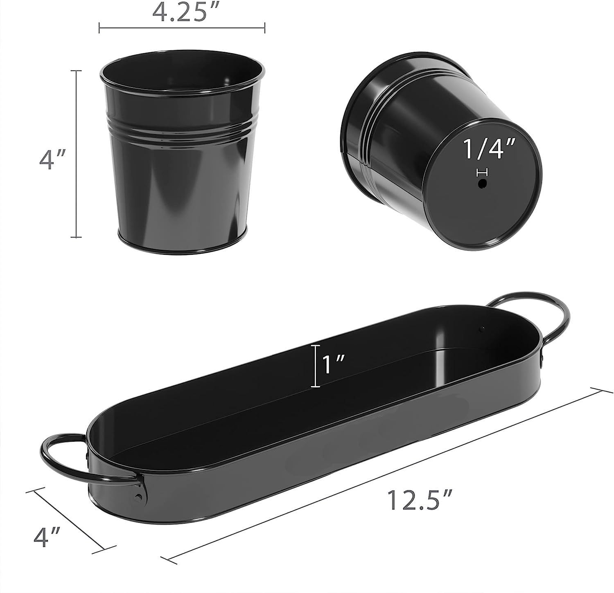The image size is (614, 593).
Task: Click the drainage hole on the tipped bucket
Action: (x=483, y=184)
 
